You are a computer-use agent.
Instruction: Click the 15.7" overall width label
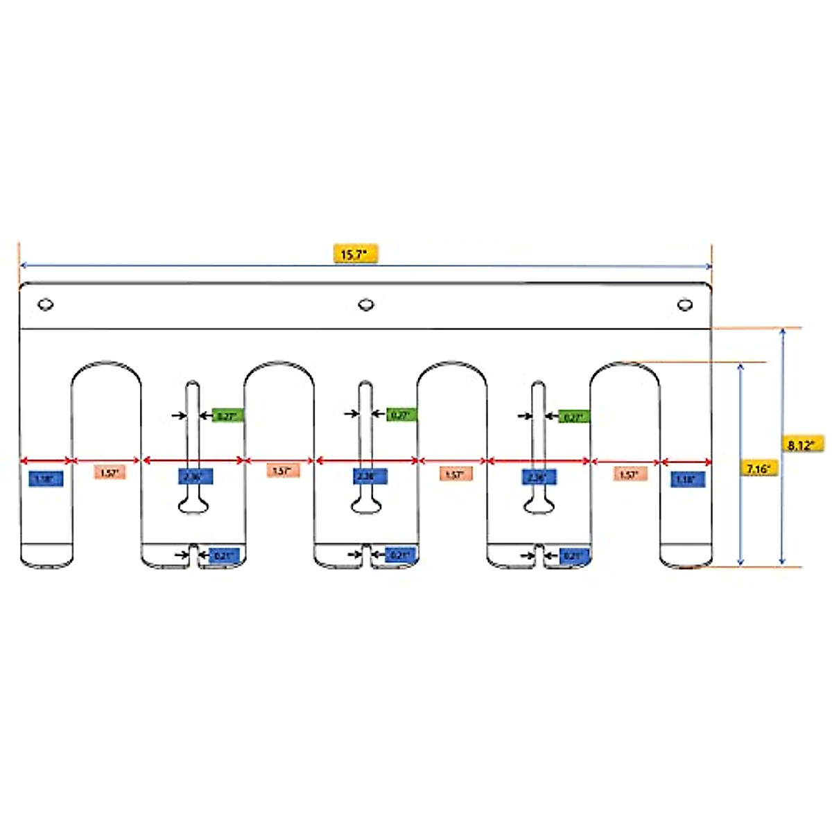(x=355, y=254)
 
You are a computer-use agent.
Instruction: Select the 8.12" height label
(x=802, y=444)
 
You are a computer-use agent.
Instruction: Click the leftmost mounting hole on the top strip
(x=46, y=304)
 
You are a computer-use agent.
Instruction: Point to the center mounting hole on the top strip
(x=366, y=304)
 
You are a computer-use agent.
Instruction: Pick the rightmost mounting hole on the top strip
(x=685, y=304)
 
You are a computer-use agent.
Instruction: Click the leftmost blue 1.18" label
(x=46, y=478)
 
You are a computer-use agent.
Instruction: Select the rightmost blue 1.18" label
(x=687, y=478)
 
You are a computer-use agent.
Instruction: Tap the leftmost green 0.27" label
(x=227, y=416)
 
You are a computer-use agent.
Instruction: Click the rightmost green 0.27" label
(x=574, y=417)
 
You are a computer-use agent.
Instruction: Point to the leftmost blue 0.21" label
(x=224, y=555)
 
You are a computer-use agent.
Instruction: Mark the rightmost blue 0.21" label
(x=573, y=555)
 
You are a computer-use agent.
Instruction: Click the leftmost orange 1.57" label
(x=110, y=473)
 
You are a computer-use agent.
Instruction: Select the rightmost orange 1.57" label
(x=629, y=474)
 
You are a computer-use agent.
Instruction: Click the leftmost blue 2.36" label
(x=195, y=476)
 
